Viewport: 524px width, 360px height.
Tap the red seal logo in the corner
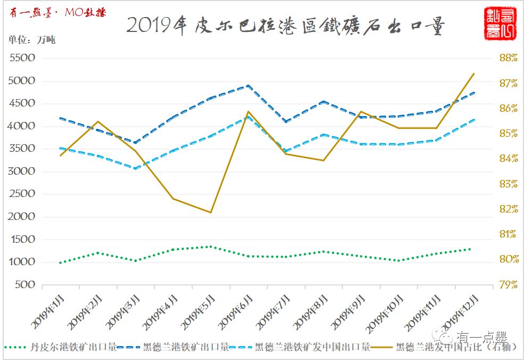(x=499, y=23)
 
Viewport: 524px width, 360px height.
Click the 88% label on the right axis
(x=508, y=58)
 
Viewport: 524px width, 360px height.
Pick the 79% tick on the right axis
(x=508, y=285)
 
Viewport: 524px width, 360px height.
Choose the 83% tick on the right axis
(x=508, y=184)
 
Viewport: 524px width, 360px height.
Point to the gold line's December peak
(x=474, y=73)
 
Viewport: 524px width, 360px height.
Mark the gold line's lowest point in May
(x=211, y=212)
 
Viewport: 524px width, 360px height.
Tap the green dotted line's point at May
(x=211, y=247)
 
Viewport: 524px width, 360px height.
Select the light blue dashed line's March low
(x=135, y=168)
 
